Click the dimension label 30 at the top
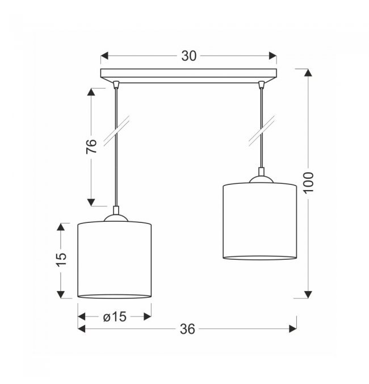click(189, 56)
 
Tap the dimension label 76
click(91, 146)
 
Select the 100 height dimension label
click(308, 183)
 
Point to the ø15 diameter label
click(115, 317)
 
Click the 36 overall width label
click(187, 329)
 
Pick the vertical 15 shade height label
click(61, 259)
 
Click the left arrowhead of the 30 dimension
click(104, 56)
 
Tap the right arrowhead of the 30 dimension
click(272, 56)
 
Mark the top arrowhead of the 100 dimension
click(308, 73)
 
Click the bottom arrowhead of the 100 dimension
click(308, 294)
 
